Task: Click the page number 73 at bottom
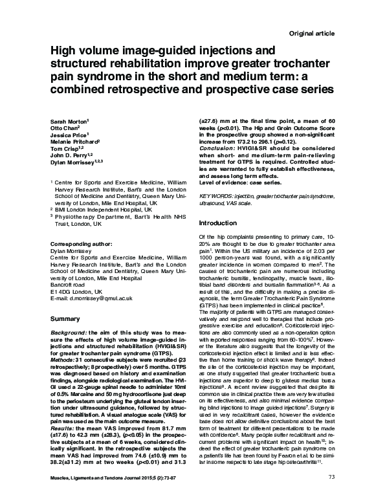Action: point(332,477)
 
